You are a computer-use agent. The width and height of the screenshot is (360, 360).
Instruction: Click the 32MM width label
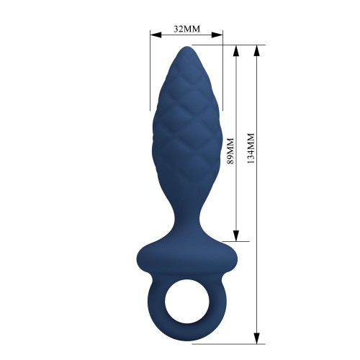pos(186,30)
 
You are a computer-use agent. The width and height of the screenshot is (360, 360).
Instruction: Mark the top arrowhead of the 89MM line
pos(235,49)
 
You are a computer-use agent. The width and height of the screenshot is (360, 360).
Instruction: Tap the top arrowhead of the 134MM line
pos(256,49)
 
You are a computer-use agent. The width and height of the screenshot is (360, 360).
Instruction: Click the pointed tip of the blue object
pos(186,48)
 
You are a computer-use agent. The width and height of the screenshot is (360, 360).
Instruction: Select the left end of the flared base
pos(137,255)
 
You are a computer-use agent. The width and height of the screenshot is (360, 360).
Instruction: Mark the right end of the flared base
pos(235,255)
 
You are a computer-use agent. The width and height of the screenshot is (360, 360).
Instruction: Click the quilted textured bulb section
pos(186,122)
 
